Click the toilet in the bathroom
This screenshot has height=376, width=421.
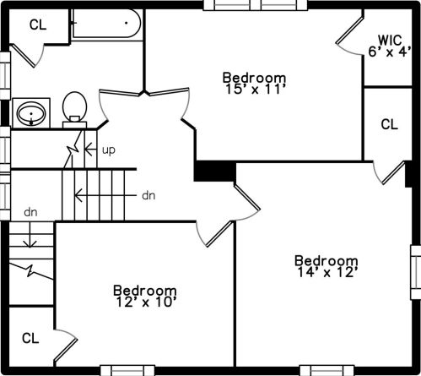(x=74, y=110)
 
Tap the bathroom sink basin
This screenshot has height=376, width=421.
(x=31, y=114)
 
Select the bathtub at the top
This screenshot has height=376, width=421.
(x=106, y=24)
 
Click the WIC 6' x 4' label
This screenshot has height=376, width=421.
(x=390, y=46)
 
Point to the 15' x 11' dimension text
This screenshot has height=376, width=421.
(x=255, y=90)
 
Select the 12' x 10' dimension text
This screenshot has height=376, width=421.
(x=146, y=302)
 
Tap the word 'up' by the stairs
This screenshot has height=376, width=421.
(x=109, y=150)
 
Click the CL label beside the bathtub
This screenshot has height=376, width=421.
(x=38, y=25)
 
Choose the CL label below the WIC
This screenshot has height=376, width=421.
(x=390, y=124)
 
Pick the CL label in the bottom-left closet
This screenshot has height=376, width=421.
(x=30, y=338)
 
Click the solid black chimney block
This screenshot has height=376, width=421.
(x=215, y=171)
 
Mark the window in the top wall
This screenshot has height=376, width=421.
(x=256, y=5)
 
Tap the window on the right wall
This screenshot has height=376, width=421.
(x=416, y=272)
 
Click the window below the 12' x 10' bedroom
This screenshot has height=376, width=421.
(x=127, y=370)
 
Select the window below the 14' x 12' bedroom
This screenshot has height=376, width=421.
(x=327, y=370)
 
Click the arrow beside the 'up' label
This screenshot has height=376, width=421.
(x=90, y=149)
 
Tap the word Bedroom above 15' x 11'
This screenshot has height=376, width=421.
(x=255, y=78)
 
